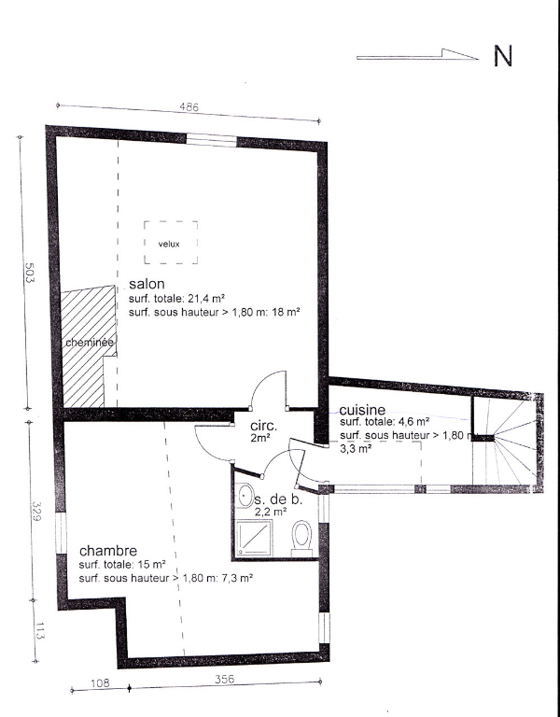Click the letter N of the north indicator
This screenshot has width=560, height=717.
pos(503,56)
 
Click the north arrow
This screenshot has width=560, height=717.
pos(417,55)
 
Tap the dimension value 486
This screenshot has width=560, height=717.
pos(189,107)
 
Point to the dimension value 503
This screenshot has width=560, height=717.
pos(29,273)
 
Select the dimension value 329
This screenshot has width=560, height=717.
pos(37,512)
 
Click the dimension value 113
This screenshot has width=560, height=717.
pos(38,631)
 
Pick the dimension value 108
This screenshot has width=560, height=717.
pos(100,683)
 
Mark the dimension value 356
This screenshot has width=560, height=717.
pos(224,679)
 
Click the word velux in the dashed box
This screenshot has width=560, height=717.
pos(169,245)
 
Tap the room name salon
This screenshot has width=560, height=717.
pos(147,284)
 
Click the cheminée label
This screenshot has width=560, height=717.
pos(90,343)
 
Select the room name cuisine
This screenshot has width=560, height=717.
pos(362,410)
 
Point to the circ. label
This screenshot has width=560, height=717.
pos(263,426)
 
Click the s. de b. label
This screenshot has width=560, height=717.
pos(278,499)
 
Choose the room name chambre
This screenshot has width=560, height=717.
pos(108,551)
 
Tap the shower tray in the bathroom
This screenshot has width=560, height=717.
pos(254,538)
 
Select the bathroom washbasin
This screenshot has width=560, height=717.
pos(245,495)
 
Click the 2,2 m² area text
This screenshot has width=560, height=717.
pos(271,512)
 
